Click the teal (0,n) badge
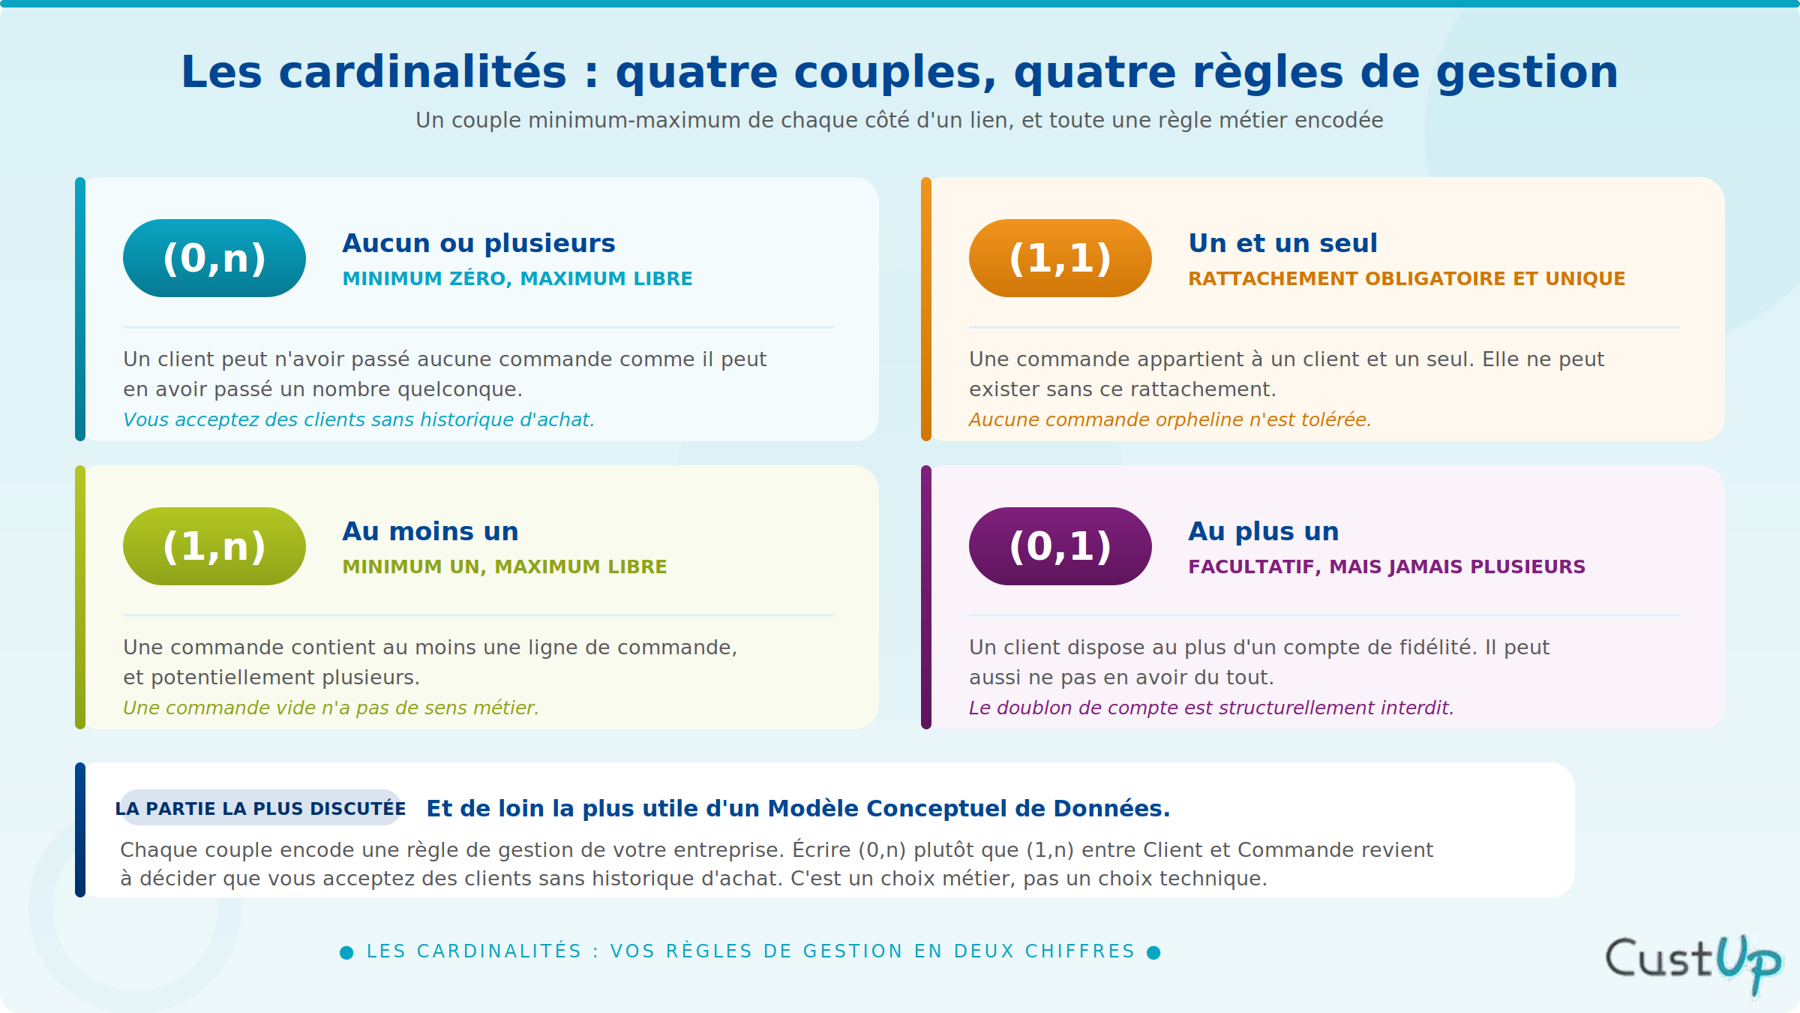[x=214, y=258]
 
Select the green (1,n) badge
[x=214, y=546]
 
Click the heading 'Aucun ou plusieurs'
[x=478, y=243]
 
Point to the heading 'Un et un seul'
[x=1282, y=243]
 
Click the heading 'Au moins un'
[x=430, y=531]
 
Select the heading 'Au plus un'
[x=1264, y=531]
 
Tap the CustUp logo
[x=1693, y=963]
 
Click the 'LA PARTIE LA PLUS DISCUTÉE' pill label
[x=260, y=808]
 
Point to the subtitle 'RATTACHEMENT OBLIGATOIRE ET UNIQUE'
[x=1406, y=278]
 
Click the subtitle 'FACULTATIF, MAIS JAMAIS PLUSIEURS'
[x=1387, y=567]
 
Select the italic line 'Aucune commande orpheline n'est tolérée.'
[x=1170, y=419]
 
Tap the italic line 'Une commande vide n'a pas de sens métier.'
[x=331, y=708]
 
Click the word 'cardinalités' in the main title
[x=422, y=72]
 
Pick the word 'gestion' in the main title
[x=1527, y=74]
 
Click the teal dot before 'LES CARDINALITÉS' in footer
[x=346, y=952]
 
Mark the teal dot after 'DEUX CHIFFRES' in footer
[x=1154, y=952]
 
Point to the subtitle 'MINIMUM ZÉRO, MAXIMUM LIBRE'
[x=517, y=278]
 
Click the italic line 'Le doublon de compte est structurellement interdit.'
[x=1211, y=708]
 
